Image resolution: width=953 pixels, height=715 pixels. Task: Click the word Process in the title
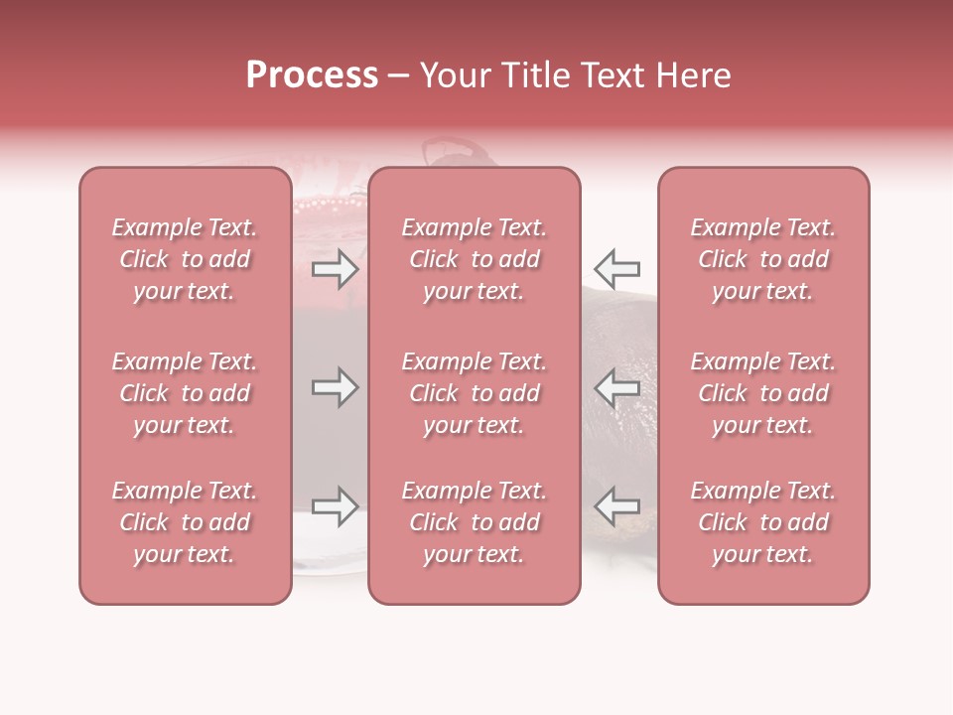(x=312, y=75)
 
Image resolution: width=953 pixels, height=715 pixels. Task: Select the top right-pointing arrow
(x=336, y=268)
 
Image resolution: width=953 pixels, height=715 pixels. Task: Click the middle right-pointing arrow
(x=336, y=387)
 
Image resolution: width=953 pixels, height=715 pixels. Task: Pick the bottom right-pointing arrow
(x=336, y=506)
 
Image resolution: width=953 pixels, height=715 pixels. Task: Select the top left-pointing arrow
(x=616, y=268)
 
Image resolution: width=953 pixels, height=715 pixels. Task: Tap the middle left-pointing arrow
(x=616, y=387)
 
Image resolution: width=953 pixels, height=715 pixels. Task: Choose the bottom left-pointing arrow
(x=616, y=506)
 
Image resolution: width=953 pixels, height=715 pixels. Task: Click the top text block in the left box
(x=185, y=259)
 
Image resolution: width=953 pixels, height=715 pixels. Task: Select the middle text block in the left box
(x=185, y=393)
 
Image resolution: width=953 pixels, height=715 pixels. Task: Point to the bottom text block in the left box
(x=185, y=522)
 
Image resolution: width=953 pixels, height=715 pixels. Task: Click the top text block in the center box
(x=474, y=259)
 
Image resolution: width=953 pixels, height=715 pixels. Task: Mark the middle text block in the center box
(x=474, y=393)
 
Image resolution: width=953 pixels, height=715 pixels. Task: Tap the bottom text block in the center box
(x=474, y=522)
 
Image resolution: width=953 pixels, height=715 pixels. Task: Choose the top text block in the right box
(x=762, y=259)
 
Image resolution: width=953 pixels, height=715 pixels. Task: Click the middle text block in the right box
(x=762, y=393)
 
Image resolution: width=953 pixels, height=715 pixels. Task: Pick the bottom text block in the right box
(x=762, y=522)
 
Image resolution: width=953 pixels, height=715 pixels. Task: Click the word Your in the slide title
(x=455, y=75)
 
